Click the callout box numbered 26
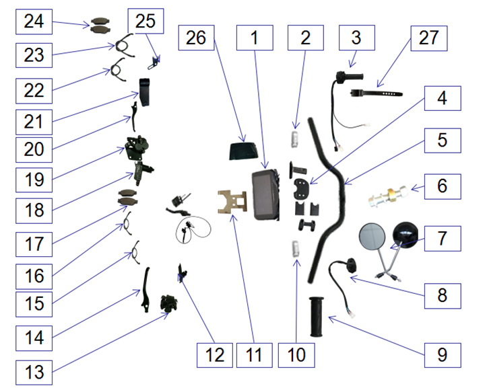pyautogui.click(x=196, y=39)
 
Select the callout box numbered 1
pyautogui.click(x=254, y=39)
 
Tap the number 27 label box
pyautogui.click(x=428, y=39)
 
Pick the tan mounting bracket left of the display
pyautogui.click(x=232, y=202)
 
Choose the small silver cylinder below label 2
pyautogui.click(x=294, y=139)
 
